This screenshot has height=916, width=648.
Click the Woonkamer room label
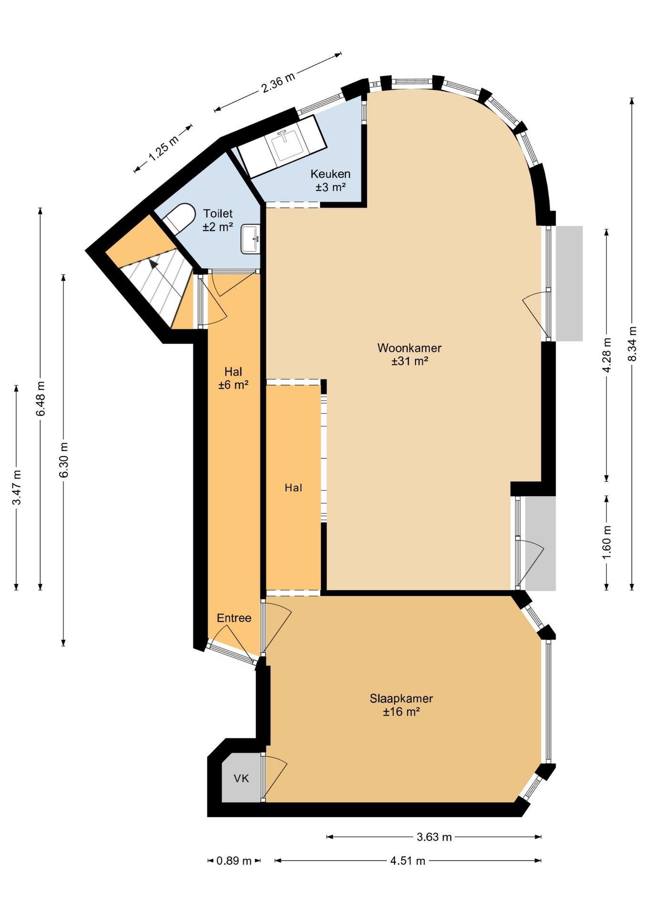tap(409, 348)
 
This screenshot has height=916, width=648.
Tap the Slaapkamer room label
tap(401, 698)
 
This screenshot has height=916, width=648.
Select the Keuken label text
tap(330, 174)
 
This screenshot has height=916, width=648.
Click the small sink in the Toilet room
tap(251, 239)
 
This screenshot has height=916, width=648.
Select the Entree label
tap(234, 618)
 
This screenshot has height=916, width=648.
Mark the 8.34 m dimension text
tap(632, 344)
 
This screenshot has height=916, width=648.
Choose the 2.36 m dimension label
tap(278, 82)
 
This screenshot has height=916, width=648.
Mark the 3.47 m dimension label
tap(17, 487)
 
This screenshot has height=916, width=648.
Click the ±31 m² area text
tap(409, 361)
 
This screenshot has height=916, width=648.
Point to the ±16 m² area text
tap(401, 712)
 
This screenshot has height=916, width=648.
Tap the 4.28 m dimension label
tap(606, 355)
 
